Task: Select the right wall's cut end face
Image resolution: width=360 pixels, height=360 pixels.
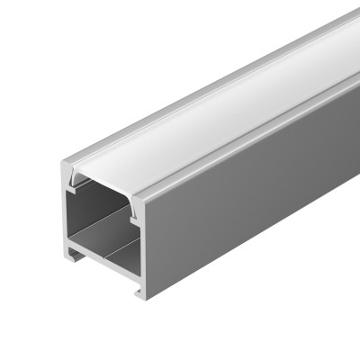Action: pyautogui.click(x=143, y=243)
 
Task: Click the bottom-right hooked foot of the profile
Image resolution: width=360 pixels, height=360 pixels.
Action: pyautogui.click(x=140, y=293)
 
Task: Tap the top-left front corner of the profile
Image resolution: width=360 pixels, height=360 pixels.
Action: pyautogui.click(x=64, y=166)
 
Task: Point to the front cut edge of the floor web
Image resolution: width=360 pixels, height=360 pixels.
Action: pyautogui.click(x=103, y=262)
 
